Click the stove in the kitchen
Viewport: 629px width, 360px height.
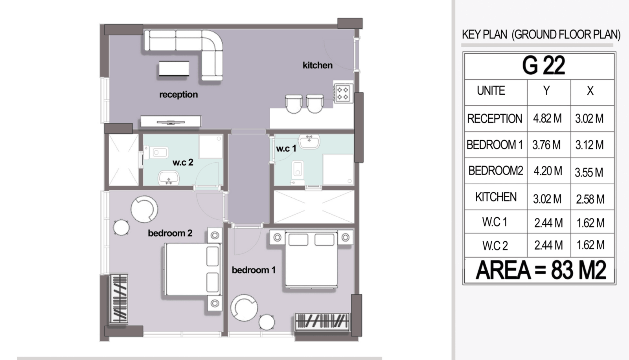pyautogui.click(x=343, y=94)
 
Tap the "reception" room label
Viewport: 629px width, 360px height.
pyautogui.click(x=178, y=95)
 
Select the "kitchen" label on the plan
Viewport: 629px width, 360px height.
pyautogui.click(x=318, y=65)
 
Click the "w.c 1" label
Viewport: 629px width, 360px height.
pyautogui.click(x=286, y=149)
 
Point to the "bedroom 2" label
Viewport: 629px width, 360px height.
pyautogui.click(x=170, y=233)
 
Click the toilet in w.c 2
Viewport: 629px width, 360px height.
pyautogui.click(x=156, y=153)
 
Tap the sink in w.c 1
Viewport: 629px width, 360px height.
pyautogui.click(x=309, y=141)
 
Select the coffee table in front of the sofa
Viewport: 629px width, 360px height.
pyautogui.click(x=174, y=68)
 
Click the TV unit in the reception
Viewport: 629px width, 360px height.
pyautogui.click(x=171, y=121)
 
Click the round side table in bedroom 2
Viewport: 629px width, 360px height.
pyautogui.click(x=121, y=228)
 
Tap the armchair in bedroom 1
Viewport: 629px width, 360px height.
pyautogui.click(x=244, y=308)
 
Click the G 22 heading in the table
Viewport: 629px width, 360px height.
pyautogui.click(x=543, y=65)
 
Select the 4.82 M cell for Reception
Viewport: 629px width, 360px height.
pyautogui.click(x=547, y=119)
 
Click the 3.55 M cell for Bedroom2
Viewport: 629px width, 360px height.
pyautogui.click(x=589, y=173)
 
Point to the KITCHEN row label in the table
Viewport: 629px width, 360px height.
pyautogui.click(x=496, y=197)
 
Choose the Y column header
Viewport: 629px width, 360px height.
pyautogui.click(x=546, y=91)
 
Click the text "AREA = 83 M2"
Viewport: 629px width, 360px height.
pyautogui.click(x=541, y=270)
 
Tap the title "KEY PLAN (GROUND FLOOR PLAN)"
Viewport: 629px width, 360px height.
pyautogui.click(x=541, y=35)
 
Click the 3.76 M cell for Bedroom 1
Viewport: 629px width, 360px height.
pyautogui.click(x=546, y=145)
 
